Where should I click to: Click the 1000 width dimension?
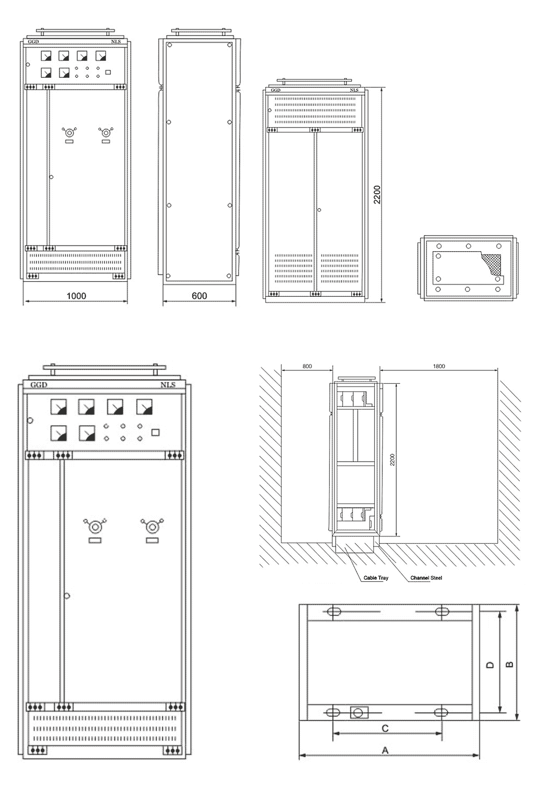(x=76, y=295)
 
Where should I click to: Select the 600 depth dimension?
(x=199, y=295)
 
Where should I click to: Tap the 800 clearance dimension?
(x=307, y=366)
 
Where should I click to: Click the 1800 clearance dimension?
(x=439, y=366)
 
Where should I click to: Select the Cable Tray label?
(x=375, y=578)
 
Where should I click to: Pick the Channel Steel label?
(x=426, y=578)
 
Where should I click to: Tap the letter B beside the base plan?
(x=510, y=664)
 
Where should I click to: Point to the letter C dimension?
(x=384, y=728)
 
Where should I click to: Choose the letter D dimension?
(x=490, y=664)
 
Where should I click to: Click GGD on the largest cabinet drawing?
(x=39, y=385)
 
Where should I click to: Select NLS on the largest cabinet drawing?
(x=168, y=385)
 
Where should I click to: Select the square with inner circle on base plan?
(x=359, y=712)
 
